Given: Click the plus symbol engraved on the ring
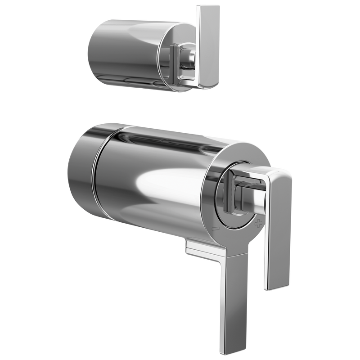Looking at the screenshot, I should (258, 223).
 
